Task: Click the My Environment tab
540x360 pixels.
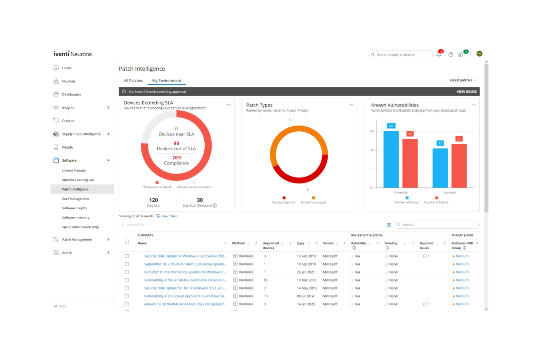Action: [x=166, y=81]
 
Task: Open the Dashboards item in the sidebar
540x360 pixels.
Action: [x=71, y=94]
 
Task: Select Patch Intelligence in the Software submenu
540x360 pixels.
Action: [x=75, y=189]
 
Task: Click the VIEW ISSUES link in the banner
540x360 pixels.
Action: [x=466, y=92]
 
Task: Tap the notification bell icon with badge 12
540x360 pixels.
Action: [x=439, y=54]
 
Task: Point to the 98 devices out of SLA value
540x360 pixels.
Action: [x=176, y=143]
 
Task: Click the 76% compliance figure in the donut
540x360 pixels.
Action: [x=177, y=158]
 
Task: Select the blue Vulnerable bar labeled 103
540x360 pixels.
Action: [x=391, y=159]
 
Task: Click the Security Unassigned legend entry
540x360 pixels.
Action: [x=313, y=202]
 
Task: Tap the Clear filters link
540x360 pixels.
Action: [x=169, y=216]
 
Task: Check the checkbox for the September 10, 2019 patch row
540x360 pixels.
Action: [x=127, y=264]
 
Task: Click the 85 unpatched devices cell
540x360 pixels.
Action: [x=266, y=280]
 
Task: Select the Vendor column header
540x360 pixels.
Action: [x=328, y=243]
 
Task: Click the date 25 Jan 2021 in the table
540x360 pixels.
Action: [x=305, y=272]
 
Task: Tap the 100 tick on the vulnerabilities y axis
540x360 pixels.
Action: [x=371, y=131]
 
